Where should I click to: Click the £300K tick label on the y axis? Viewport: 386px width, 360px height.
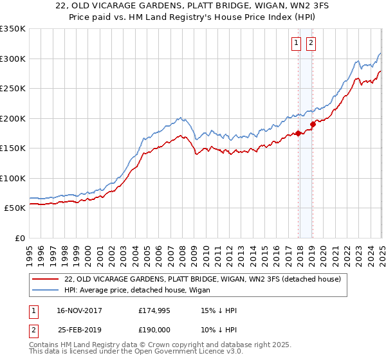click(13, 59)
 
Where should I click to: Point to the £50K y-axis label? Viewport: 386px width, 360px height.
click(15, 208)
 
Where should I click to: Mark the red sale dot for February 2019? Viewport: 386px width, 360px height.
click(313, 124)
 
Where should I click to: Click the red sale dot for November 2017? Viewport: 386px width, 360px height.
click(298, 133)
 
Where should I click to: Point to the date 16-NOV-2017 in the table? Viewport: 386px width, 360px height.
click(78, 310)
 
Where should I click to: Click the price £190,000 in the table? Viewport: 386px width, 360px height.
click(154, 328)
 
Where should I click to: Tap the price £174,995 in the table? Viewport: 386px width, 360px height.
click(154, 310)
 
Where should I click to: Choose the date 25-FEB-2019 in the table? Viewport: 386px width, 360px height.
click(78, 328)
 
